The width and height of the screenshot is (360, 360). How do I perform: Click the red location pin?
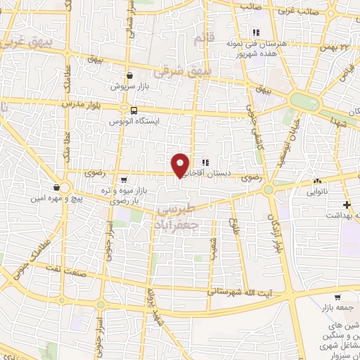click(x=181, y=165)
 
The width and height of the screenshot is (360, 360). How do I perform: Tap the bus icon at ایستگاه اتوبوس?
click(x=134, y=110)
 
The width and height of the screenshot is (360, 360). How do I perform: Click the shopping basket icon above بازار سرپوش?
click(x=130, y=75)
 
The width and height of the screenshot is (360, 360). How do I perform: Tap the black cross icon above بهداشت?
click(x=346, y=205)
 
